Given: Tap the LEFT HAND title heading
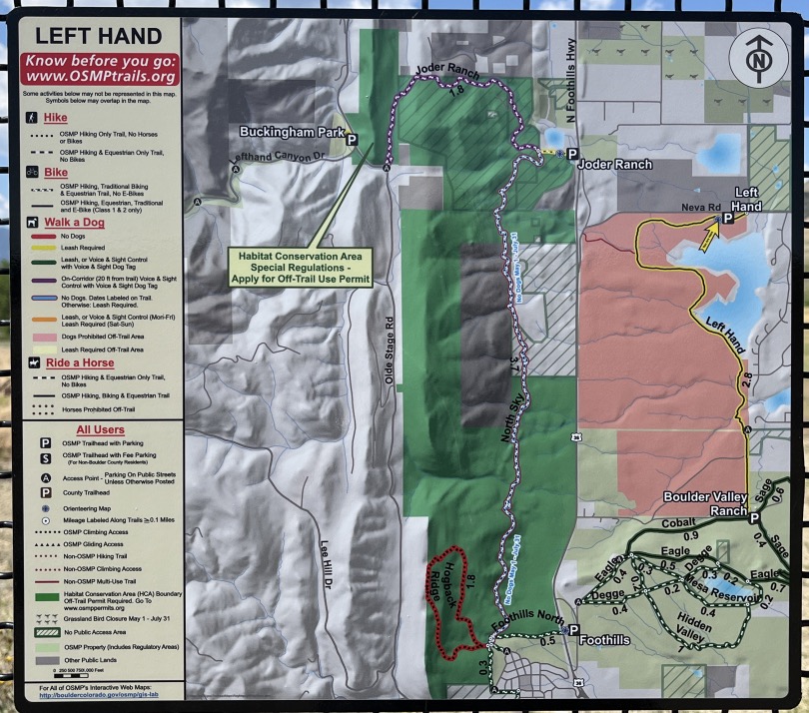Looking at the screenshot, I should [98, 37].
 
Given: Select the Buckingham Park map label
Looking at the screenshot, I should [291, 131].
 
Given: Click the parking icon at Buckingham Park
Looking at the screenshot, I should [352, 141].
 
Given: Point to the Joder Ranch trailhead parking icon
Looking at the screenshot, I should [571, 154].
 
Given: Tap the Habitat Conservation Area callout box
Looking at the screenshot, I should [300, 267].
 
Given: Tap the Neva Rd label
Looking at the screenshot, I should [699, 207].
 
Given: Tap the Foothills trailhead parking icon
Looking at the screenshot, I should [571, 630].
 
